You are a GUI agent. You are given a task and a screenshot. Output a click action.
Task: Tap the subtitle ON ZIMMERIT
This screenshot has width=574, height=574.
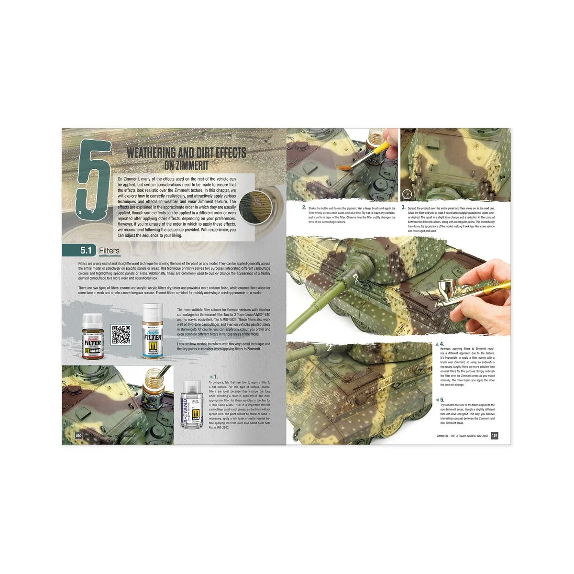pyautogui.click(x=186, y=166)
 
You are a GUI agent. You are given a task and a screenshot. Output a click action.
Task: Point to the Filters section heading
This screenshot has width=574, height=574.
pyautogui.click(x=109, y=251)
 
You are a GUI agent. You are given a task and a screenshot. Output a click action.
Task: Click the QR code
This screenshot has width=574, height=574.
pyautogui.click(x=121, y=335)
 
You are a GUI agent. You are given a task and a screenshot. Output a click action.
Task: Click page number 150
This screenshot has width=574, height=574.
pyautogui.click(x=78, y=435)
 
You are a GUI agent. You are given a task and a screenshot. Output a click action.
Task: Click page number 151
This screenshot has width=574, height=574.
pyautogui.click(x=495, y=435)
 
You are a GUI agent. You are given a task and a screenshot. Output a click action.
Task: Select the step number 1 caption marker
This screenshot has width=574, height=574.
pyautogui.click(x=215, y=377)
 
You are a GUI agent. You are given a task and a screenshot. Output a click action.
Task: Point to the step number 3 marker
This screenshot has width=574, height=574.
pyautogui.click(x=404, y=208)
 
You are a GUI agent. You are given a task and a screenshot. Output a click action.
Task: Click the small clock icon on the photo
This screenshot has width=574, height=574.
pyautogui.click(x=407, y=193)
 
